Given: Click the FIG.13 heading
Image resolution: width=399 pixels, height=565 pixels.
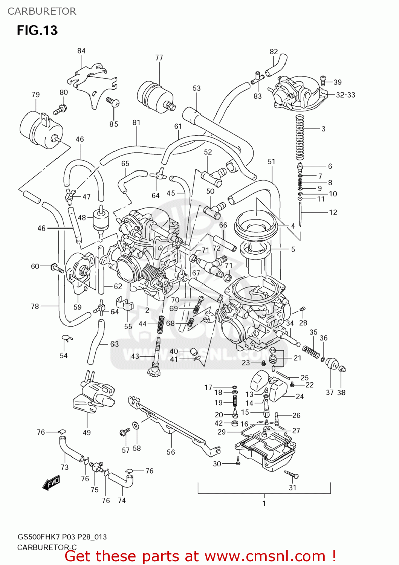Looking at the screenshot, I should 37,30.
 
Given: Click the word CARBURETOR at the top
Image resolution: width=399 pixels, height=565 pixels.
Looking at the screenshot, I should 41,11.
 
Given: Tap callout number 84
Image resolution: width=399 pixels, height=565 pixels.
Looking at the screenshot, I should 81,51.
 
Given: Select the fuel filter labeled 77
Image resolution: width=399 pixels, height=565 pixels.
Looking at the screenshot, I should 154,96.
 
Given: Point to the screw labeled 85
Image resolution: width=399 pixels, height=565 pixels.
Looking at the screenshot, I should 113,101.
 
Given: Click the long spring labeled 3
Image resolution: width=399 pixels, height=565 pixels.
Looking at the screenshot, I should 300,137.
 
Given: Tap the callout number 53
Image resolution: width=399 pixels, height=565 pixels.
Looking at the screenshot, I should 197,88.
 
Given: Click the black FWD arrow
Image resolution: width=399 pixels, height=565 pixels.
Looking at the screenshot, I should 51,483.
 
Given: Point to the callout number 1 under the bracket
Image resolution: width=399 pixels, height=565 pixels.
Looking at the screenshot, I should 264,503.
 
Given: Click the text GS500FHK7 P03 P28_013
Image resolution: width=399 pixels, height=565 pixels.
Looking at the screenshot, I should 62,537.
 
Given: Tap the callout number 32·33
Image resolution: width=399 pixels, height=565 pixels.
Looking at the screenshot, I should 345,95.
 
